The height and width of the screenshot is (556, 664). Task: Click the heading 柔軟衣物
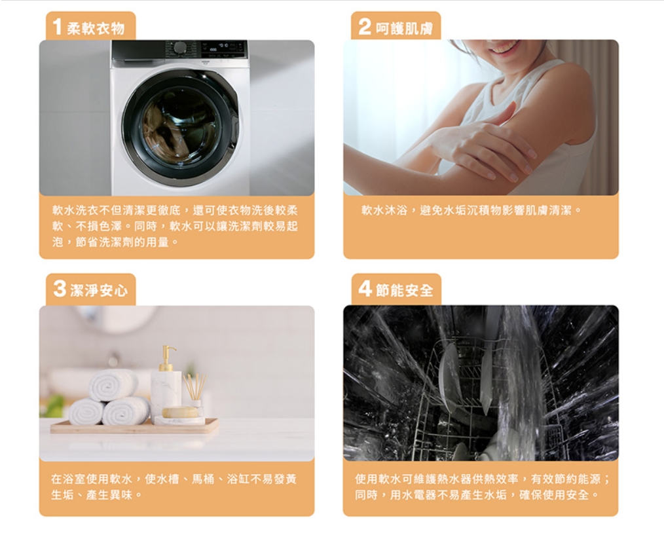pyautogui.click(x=96, y=28)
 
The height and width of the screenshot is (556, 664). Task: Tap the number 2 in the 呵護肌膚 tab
pyautogui.click(x=365, y=27)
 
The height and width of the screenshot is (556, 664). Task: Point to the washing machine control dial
pyautogui.click(x=181, y=47)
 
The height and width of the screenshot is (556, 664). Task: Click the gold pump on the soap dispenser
pyautogui.click(x=168, y=355)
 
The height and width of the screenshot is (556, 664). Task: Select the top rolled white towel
pyautogui.click(x=113, y=385)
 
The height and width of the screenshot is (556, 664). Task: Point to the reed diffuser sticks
pyautogui.click(x=194, y=386)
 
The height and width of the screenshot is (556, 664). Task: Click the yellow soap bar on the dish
pyautogui.click(x=180, y=412)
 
